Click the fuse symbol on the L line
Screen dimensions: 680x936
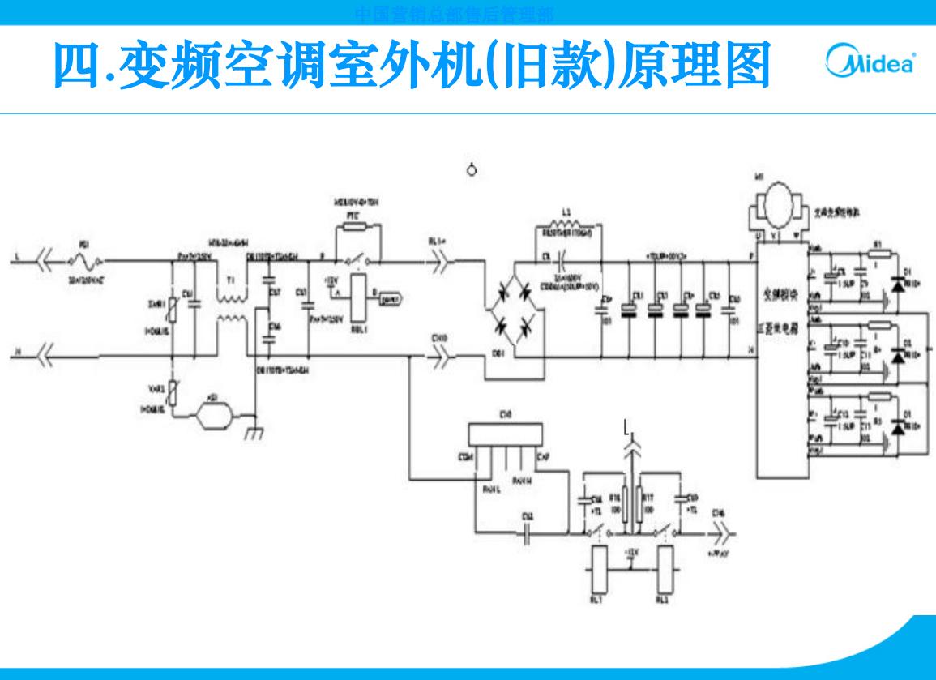click(x=85, y=261)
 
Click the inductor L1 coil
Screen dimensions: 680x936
click(x=566, y=225)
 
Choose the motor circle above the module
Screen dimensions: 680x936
click(x=776, y=200)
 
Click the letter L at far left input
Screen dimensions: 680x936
click(x=15, y=259)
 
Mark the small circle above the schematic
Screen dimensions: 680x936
click(x=474, y=170)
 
